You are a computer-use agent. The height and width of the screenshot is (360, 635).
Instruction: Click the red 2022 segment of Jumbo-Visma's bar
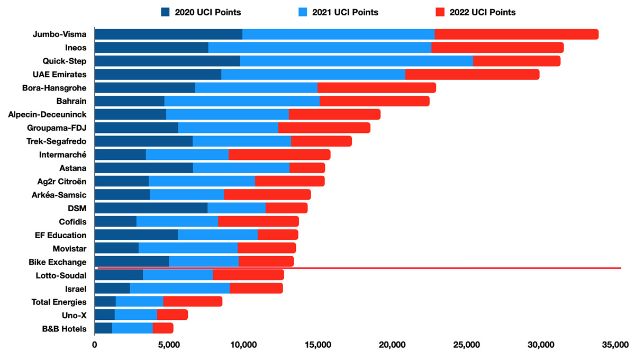tap(516, 34)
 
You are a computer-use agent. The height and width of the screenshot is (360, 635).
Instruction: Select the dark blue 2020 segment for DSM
tap(151, 208)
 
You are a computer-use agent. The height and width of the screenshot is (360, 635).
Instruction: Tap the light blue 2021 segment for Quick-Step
tap(356, 61)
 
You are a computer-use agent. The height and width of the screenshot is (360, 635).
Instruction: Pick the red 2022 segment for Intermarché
tap(279, 155)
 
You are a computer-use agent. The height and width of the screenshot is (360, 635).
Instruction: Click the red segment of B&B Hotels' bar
tap(163, 328)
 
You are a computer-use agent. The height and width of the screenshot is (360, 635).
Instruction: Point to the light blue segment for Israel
tap(179, 288)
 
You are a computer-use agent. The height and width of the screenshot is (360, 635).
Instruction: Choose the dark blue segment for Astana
tap(143, 168)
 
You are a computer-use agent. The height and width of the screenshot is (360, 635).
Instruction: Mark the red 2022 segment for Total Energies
tap(193, 302)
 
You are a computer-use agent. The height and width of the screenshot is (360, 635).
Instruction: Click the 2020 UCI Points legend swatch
tap(166, 12)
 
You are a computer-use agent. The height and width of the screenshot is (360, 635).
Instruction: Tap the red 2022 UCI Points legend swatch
tap(438, 12)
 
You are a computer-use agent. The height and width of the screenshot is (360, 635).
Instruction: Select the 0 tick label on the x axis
tap(95, 345)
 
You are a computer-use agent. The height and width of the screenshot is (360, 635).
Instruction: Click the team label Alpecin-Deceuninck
tap(47, 114)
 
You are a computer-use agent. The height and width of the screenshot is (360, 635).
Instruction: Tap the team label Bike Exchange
tap(58, 262)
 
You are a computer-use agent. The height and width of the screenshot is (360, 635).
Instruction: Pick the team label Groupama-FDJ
tap(57, 128)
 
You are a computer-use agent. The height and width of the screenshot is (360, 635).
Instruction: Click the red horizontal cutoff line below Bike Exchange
tap(423, 268)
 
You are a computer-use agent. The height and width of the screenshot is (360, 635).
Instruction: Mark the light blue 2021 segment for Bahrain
tap(242, 101)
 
